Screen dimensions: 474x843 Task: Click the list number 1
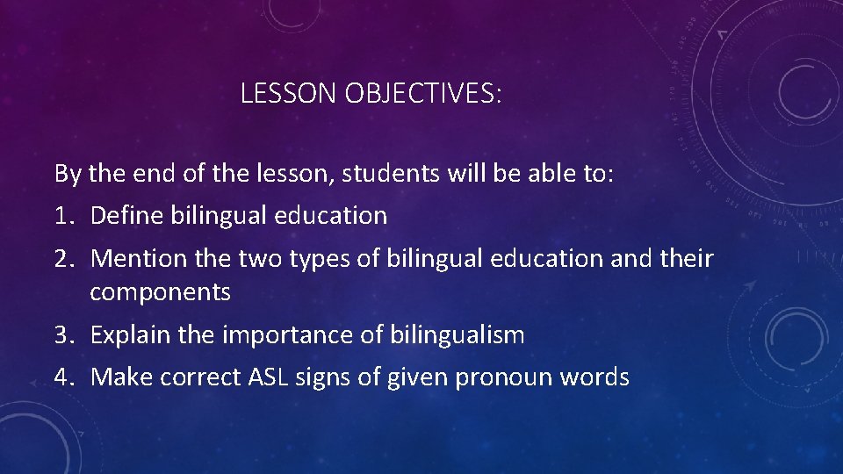click(62, 216)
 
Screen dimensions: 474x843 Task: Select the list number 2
click(62, 259)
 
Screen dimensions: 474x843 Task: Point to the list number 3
click(62, 335)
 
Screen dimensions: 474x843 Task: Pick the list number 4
click(62, 378)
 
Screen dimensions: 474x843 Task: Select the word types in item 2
click(300, 259)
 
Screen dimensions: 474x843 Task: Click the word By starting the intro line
click(68, 174)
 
